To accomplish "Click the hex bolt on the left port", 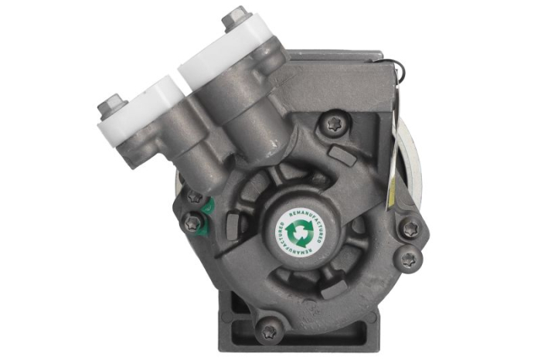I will [x=113, y=103].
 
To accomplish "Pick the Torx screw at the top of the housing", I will [x=335, y=124].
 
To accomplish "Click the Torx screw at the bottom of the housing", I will [x=268, y=331].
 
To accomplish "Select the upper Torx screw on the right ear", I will [x=410, y=229].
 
